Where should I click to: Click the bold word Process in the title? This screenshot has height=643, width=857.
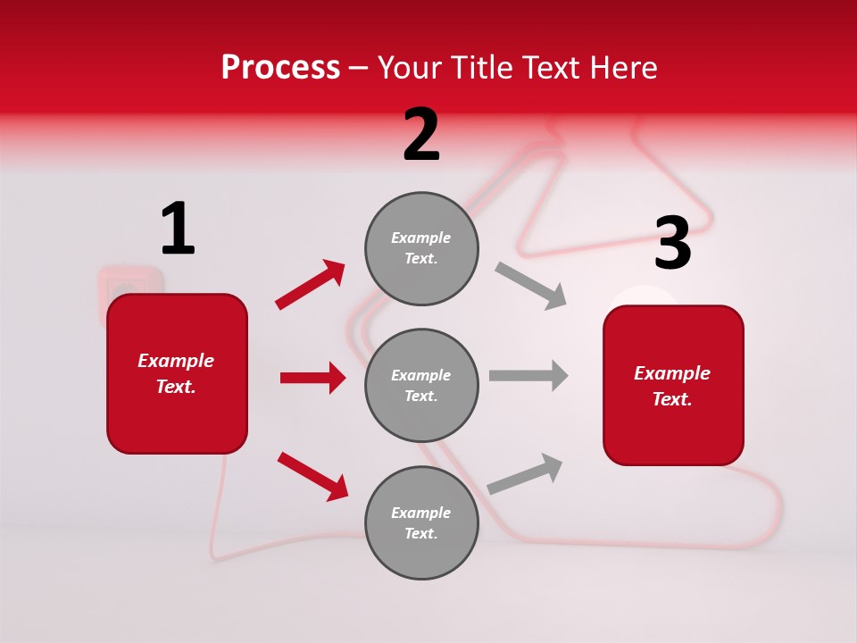(280, 68)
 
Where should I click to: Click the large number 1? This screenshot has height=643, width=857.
(178, 230)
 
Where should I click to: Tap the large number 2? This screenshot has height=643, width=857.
(421, 135)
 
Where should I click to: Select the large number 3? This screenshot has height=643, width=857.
(672, 244)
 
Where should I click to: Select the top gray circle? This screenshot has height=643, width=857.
(421, 248)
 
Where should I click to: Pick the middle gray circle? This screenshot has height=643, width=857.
(421, 385)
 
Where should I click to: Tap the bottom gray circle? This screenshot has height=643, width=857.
(421, 522)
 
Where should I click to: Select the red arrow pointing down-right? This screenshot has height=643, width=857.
(312, 476)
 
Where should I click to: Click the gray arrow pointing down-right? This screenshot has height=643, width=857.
(530, 286)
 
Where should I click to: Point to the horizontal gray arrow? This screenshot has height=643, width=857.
(528, 375)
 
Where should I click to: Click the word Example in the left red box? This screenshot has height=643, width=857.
(176, 361)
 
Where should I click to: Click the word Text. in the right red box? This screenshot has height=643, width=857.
(672, 399)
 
